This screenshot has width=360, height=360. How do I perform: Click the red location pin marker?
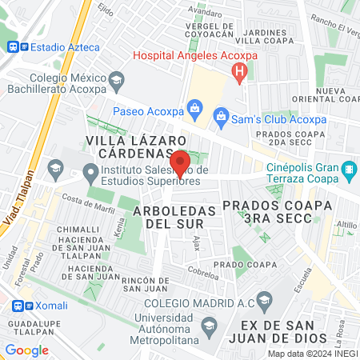tap(181, 162)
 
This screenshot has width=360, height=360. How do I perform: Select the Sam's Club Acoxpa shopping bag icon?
tap(220, 118)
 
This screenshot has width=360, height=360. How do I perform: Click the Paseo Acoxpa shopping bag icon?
tap(193, 107)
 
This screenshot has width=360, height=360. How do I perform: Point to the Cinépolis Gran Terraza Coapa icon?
tap(349, 170)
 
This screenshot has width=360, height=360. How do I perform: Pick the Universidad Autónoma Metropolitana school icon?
tap(209, 326)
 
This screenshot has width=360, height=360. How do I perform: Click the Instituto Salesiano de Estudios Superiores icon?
tap(91, 171)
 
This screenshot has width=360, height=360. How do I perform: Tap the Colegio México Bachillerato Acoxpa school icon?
tap(117, 80)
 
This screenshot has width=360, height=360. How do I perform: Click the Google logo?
tap(26, 350)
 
